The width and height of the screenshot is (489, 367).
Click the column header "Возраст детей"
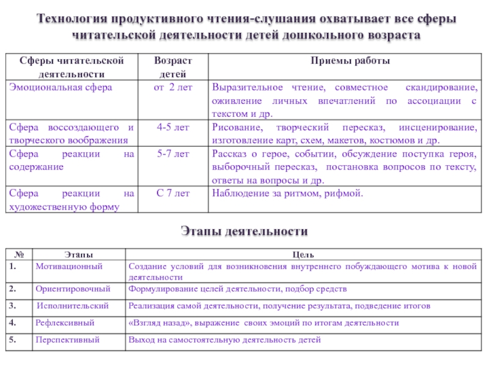[173, 67]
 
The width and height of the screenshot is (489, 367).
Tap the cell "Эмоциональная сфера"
[60, 87]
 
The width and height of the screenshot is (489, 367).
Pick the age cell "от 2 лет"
[173, 87]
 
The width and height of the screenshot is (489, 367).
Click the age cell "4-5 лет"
[173, 127]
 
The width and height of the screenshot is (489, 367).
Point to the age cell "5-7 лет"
[173, 154]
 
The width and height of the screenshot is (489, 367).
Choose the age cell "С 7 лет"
[173, 193]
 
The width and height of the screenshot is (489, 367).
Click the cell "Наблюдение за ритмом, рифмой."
[287, 193]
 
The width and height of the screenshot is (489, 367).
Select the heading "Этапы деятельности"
[244, 232]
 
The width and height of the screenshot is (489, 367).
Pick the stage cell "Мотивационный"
[68, 266]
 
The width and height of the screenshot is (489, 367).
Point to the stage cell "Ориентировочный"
[73, 288]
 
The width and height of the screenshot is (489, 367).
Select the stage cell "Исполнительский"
[73, 305]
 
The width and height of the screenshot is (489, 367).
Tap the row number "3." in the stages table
[13, 305]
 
